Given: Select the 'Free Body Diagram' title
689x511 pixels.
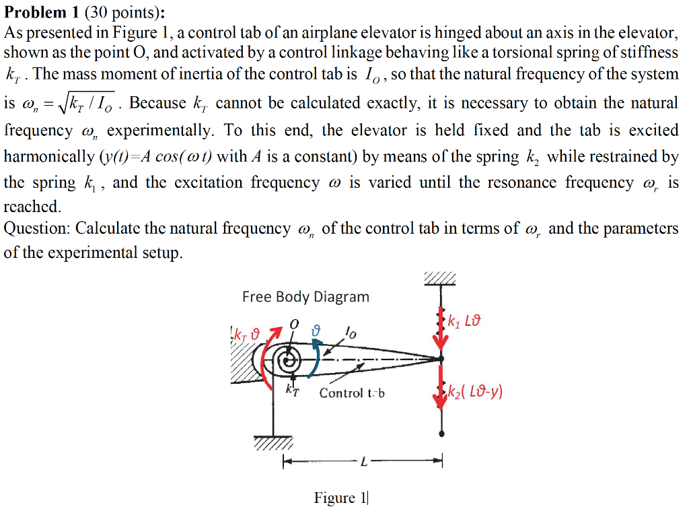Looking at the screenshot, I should point(305,297).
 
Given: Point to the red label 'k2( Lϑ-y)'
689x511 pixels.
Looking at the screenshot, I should point(475,392).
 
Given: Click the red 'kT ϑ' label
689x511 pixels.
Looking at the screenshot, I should point(246,335).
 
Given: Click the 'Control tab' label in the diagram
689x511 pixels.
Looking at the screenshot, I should point(351,393).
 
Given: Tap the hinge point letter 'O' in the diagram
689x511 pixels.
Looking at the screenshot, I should point(293,324).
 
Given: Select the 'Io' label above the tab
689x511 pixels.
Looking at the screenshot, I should point(348,331).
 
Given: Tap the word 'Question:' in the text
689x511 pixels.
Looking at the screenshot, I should point(37,228).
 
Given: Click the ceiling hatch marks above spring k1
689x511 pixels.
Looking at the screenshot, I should point(440,278).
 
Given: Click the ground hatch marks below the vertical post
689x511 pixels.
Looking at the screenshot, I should point(273,444).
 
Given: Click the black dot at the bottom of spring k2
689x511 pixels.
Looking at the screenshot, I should point(441,432).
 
